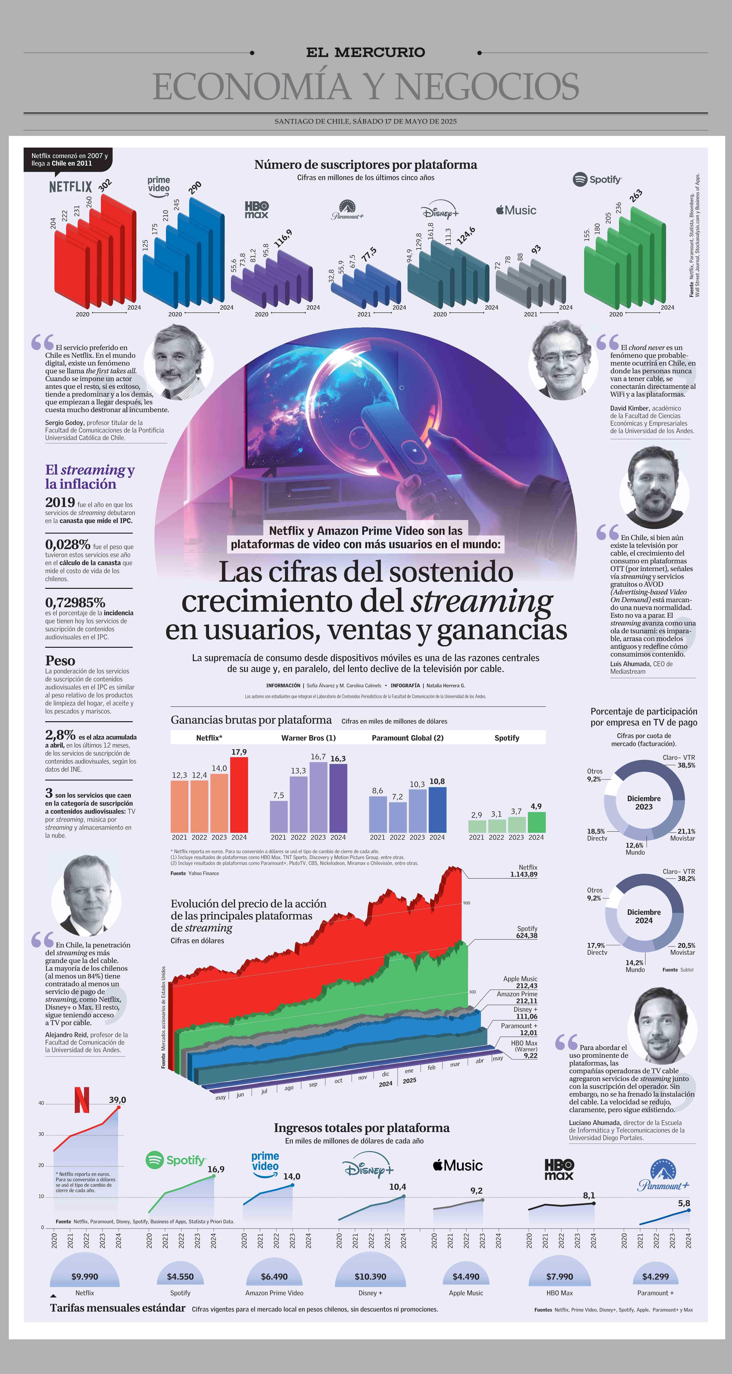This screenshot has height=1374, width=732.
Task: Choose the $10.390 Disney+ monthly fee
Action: click(370, 1276)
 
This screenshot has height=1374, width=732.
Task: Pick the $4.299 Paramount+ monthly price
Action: click(655, 1276)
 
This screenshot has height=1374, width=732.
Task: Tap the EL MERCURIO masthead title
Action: click(365, 52)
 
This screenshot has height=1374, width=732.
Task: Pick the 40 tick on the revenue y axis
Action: click(41, 1103)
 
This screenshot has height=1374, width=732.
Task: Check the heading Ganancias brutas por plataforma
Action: click(251, 720)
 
